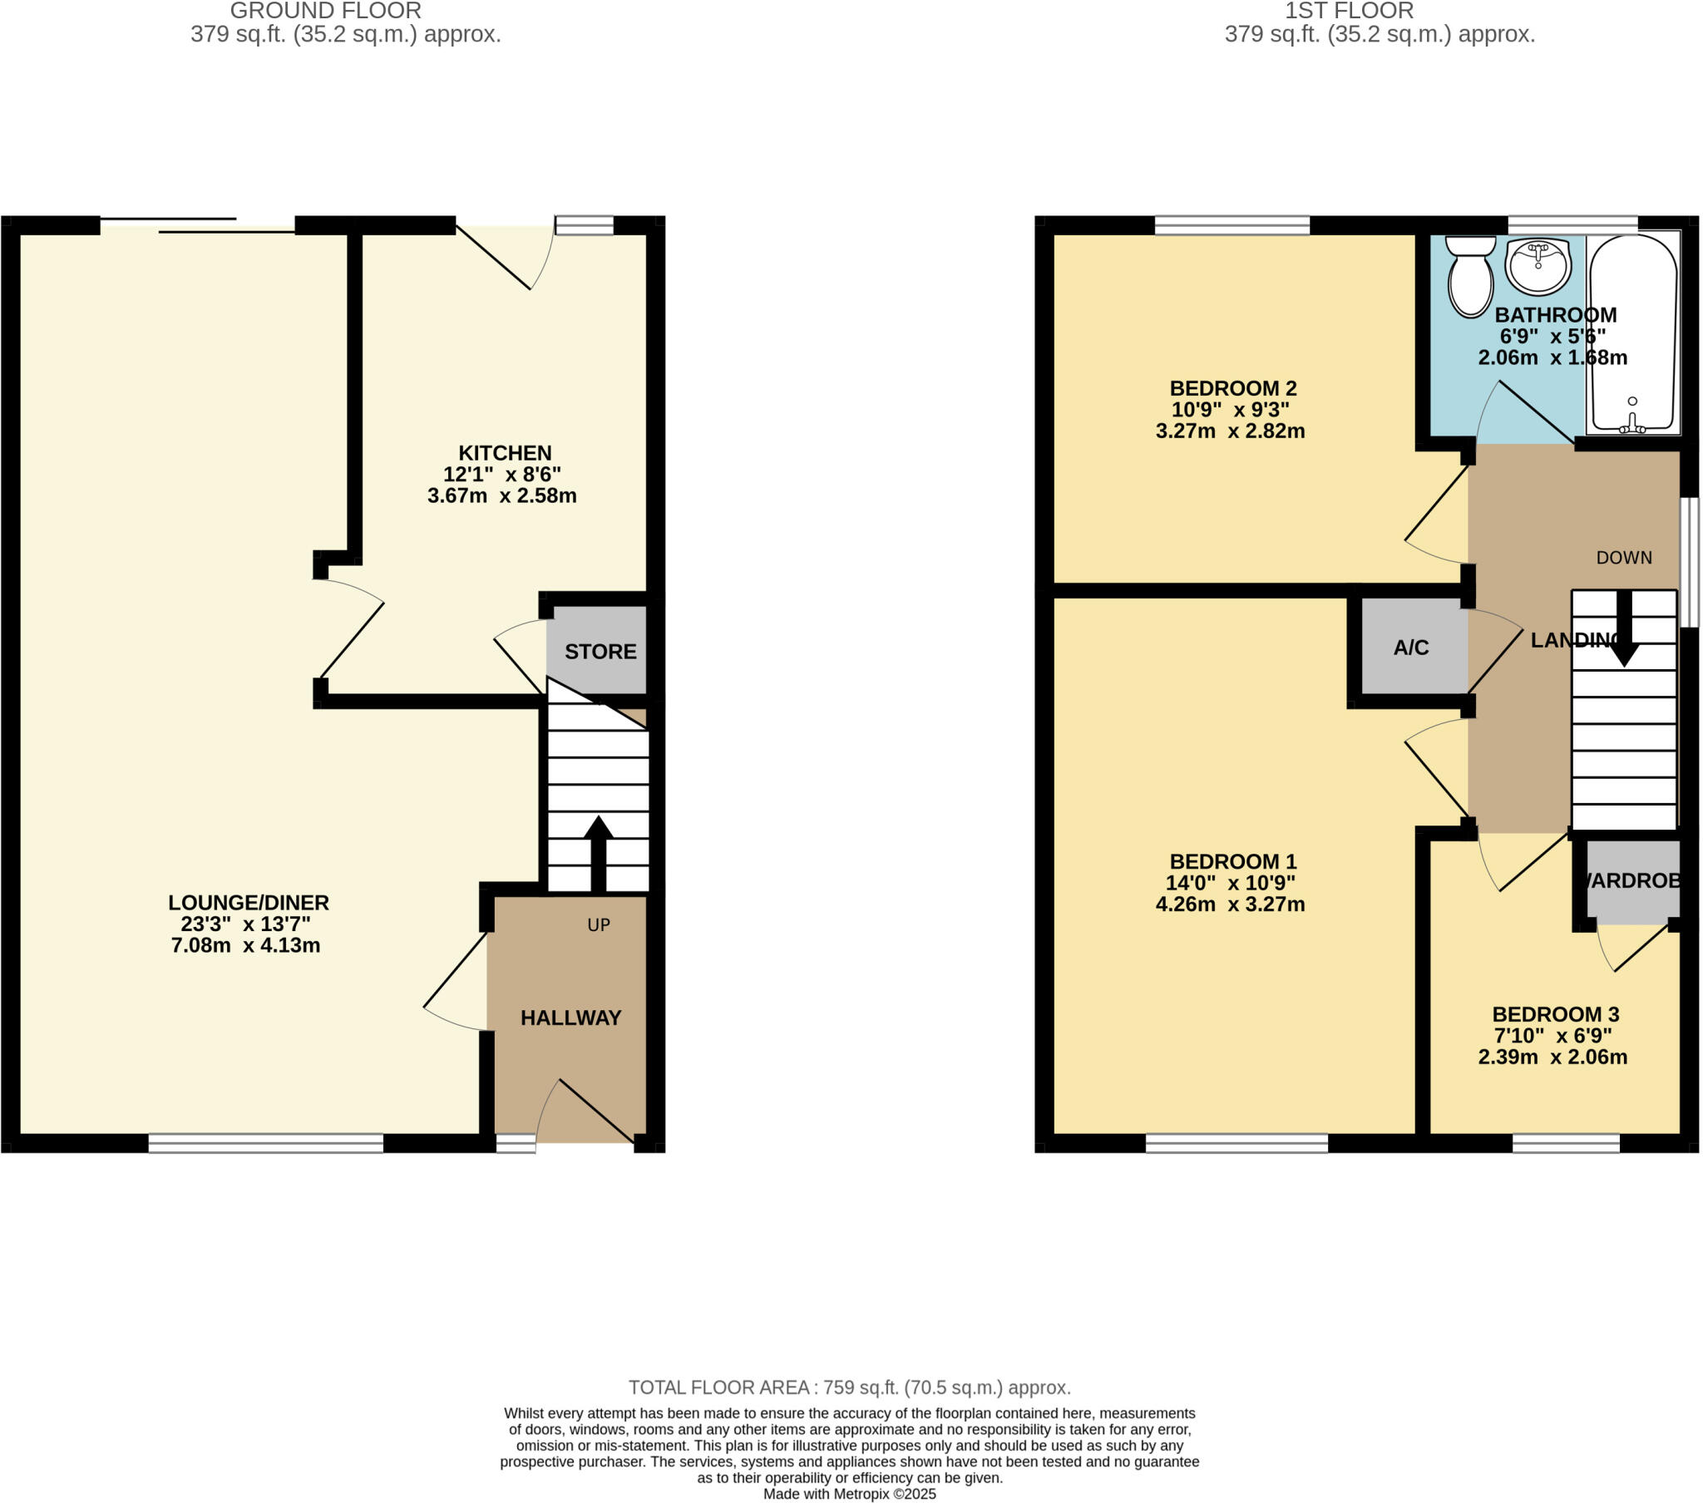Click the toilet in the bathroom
pyautogui.click(x=1470, y=276)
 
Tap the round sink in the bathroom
pyautogui.click(x=1538, y=265)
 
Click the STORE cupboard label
pyautogui.click(x=600, y=652)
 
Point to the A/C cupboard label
pyautogui.click(x=1410, y=648)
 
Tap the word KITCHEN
pyautogui.click(x=505, y=453)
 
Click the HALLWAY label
pyautogui.click(x=570, y=1018)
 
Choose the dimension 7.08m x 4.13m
pyautogui.click(x=246, y=946)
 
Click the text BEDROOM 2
pyautogui.click(x=1233, y=388)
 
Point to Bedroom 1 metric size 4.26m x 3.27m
pyautogui.click(x=1230, y=904)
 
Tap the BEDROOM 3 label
pyautogui.click(x=1555, y=1015)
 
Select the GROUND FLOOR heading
pyautogui.click(x=325, y=11)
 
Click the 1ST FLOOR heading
pyautogui.click(x=1349, y=11)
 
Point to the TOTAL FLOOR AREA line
pyautogui.click(x=849, y=1388)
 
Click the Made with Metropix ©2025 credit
pyautogui.click(x=849, y=1494)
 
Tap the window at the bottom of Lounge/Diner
pyautogui.click(x=266, y=1143)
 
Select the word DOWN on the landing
pyautogui.click(x=1624, y=558)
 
